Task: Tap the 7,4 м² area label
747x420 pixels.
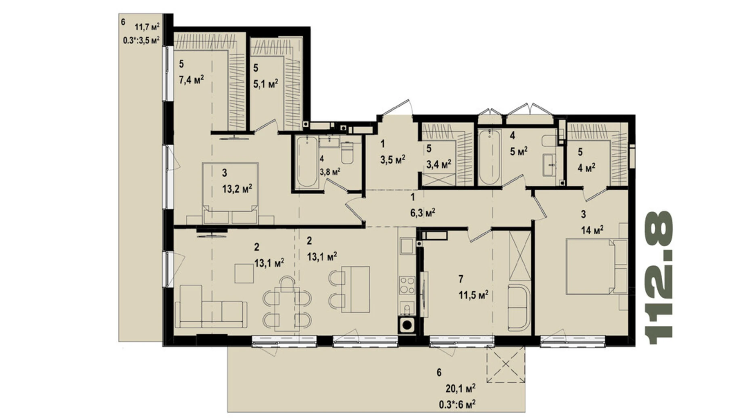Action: tap(191, 80)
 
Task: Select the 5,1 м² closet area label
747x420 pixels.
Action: tap(266, 84)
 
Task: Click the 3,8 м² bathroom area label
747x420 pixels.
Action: tap(329, 172)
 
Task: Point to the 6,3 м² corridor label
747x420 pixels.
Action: tap(422, 212)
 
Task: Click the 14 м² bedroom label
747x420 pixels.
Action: tap(592, 230)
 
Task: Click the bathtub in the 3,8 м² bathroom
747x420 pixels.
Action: tap(306, 162)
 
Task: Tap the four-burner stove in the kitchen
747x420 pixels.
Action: tap(407, 285)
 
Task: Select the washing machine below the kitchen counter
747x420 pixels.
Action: tap(407, 325)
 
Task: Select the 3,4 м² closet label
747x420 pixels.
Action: tap(439, 164)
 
